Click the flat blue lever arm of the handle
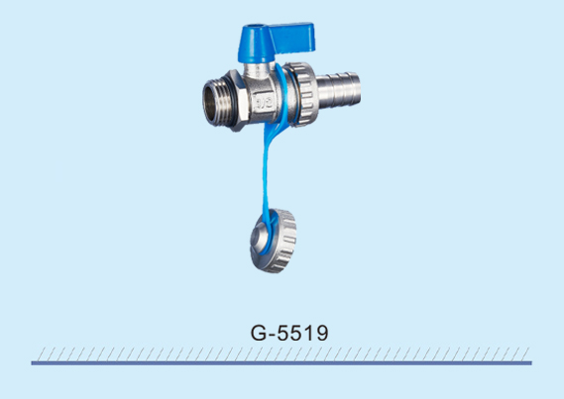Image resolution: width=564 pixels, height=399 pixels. pos(293,38)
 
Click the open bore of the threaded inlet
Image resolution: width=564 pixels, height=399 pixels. pos(210,102)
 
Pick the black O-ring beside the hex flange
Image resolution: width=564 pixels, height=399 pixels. pos(234,102)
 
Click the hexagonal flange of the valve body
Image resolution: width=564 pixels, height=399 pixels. pos(239,100)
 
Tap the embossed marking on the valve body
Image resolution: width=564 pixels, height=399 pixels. pos(263,103)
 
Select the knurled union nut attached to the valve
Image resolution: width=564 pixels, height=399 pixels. pos(303,94)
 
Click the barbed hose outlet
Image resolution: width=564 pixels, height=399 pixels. pos(338,90)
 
